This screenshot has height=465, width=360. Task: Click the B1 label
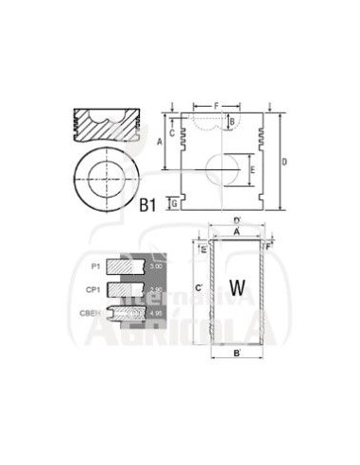(147, 203)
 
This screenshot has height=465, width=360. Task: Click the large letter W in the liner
(237, 284)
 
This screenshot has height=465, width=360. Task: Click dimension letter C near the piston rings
(172, 132)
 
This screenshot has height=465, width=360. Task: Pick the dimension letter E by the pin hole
(251, 170)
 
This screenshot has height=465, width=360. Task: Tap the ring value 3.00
(156, 268)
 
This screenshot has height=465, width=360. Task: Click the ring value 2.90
(156, 288)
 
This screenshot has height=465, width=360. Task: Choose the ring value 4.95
(156, 309)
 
